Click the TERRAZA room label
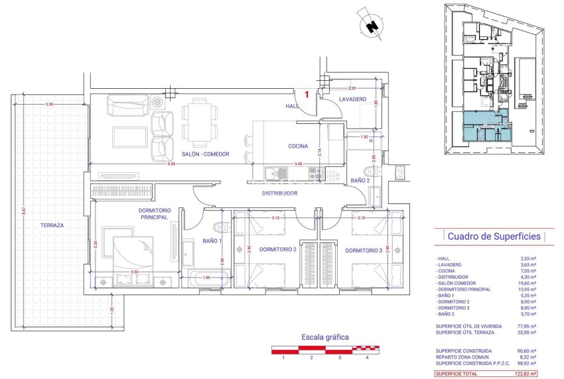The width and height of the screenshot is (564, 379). tap(52, 225)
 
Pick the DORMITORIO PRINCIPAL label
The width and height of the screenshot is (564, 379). tap(154, 214)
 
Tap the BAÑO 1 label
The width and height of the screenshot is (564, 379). tap(212, 241)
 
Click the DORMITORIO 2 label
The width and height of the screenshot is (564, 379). tap(277, 250)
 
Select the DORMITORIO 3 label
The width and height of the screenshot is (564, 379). tap(363, 250)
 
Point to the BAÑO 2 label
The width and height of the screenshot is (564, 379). tap(359, 180)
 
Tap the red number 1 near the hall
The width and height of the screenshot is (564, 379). tap(307, 95)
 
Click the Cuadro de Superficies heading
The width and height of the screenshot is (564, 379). tap(494, 237)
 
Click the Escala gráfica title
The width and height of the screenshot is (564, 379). tap(325, 337)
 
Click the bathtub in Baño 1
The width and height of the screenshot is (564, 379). tap(206, 278)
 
